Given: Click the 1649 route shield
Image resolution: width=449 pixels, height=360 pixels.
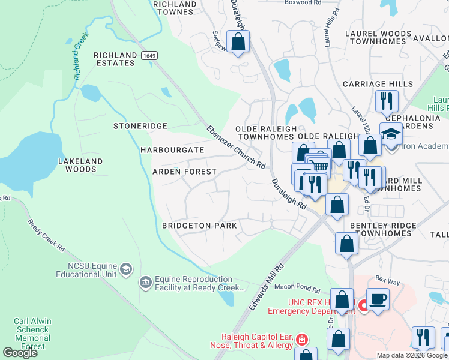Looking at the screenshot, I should pyautogui.click(x=149, y=55).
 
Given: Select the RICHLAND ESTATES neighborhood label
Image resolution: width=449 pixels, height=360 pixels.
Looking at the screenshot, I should pyautogui.click(x=115, y=59).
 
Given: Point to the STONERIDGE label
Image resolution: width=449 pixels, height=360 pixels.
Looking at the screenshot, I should pyautogui.click(x=140, y=127).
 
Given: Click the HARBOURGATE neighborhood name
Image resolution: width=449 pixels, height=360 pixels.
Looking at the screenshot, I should pyautogui.click(x=168, y=149).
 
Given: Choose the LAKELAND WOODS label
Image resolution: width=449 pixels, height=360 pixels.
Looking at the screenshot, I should pyautogui.click(x=80, y=165).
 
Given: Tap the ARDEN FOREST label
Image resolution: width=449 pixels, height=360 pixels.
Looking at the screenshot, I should pyautogui.click(x=184, y=172).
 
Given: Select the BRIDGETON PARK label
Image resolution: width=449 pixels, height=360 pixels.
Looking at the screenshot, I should pyautogui.click(x=199, y=226).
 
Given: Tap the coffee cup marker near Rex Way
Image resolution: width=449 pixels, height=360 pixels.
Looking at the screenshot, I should pyautogui.click(x=378, y=298).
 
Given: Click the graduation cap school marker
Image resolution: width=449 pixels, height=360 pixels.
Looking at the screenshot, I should pyautogui.click(x=391, y=133).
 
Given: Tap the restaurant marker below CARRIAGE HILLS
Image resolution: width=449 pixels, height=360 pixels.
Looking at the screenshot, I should pyautogui.click(x=386, y=100).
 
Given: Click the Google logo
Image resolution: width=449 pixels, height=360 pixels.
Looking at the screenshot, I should pyautogui.click(x=20, y=353).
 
